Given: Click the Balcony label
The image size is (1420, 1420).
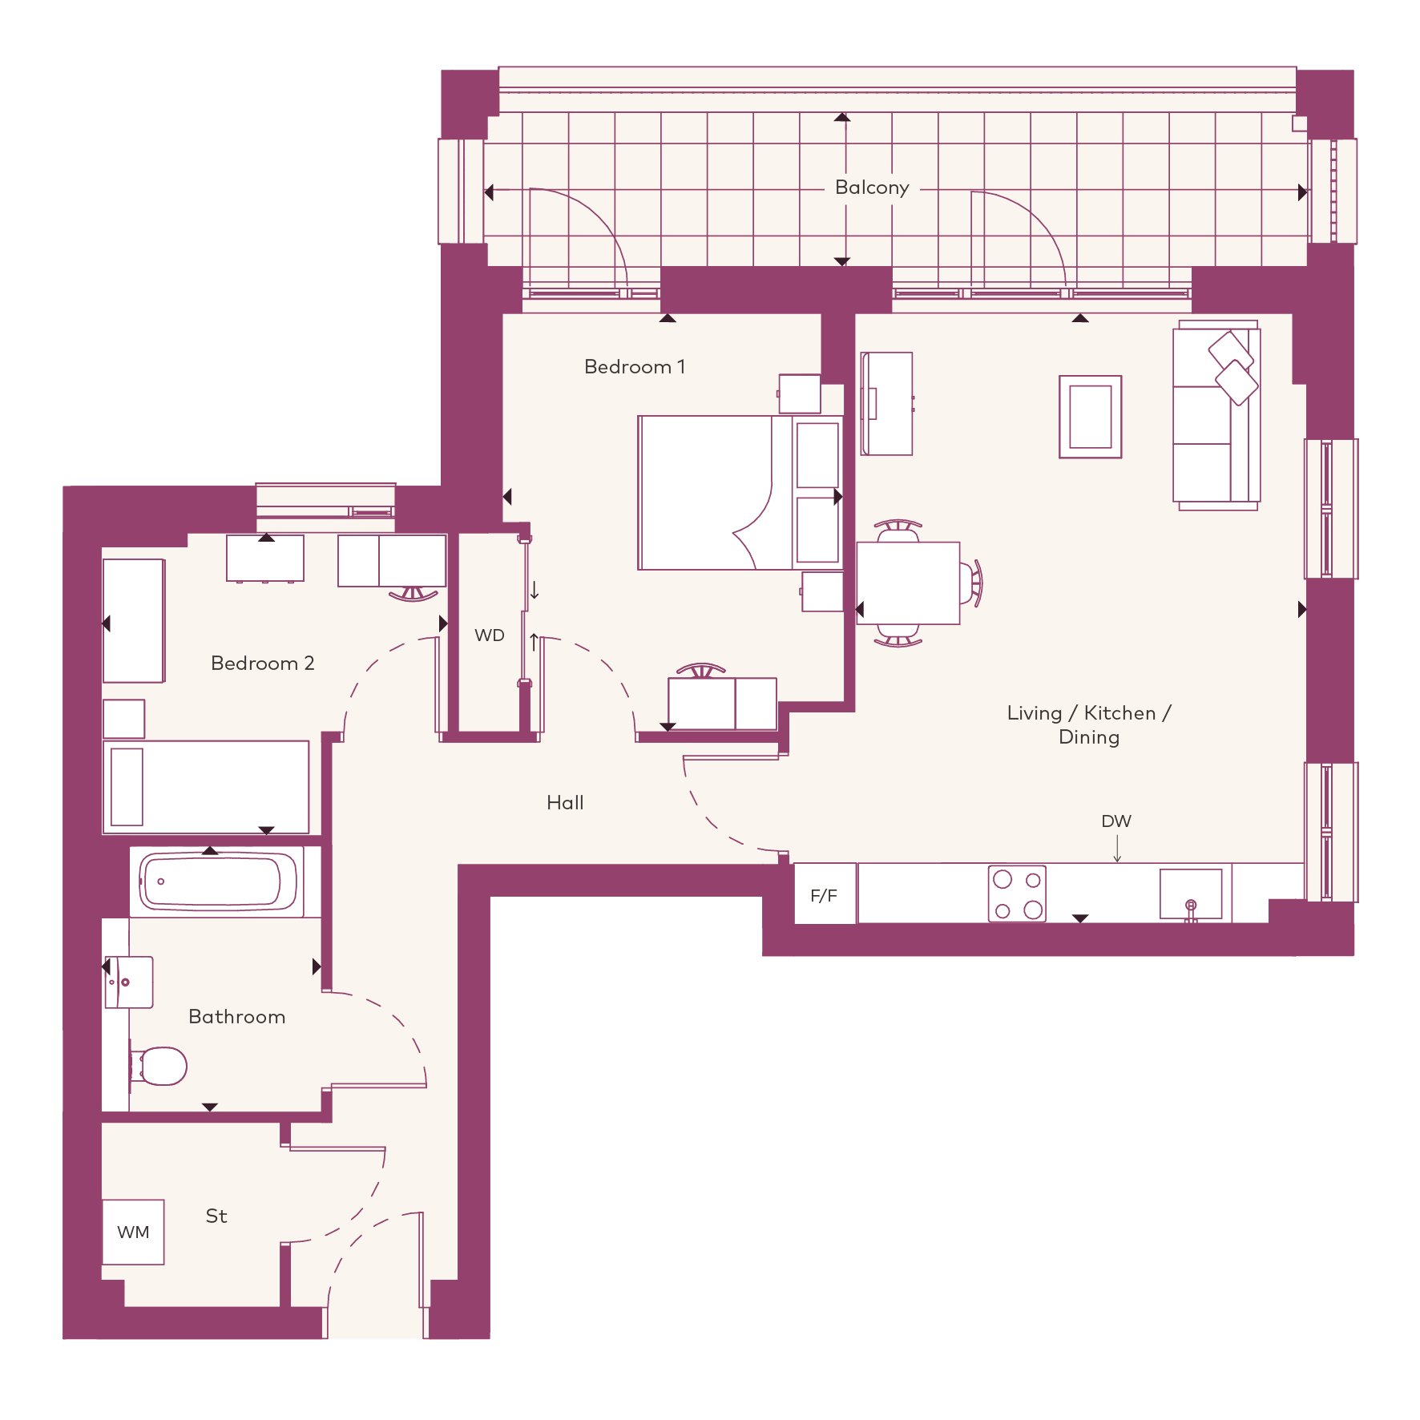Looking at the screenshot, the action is click(872, 188).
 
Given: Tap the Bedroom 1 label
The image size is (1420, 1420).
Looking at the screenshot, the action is click(635, 367).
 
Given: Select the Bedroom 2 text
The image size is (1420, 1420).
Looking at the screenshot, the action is click(263, 664).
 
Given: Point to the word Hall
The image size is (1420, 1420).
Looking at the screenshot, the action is click(565, 803).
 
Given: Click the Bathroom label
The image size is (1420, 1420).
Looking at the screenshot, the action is click(237, 1017).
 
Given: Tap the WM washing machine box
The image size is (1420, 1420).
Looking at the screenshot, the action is click(133, 1232).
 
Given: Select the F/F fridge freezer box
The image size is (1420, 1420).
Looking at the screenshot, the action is click(825, 894).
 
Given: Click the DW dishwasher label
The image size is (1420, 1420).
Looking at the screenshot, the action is click(1116, 821).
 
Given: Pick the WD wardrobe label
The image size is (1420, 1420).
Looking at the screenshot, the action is click(490, 635).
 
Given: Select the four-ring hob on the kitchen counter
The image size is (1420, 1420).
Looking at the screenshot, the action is click(1017, 894).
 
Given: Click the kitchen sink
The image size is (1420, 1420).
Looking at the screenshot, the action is click(1191, 894).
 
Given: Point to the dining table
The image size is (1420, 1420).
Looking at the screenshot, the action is click(909, 583).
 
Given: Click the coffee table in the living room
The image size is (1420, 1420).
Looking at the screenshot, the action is click(1091, 417).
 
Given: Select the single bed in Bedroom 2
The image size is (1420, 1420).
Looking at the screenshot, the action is click(206, 787).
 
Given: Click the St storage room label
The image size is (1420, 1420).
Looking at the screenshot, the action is click(216, 1216).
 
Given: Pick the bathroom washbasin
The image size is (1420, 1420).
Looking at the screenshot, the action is click(128, 982).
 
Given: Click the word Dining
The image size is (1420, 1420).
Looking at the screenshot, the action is click(1089, 738).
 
